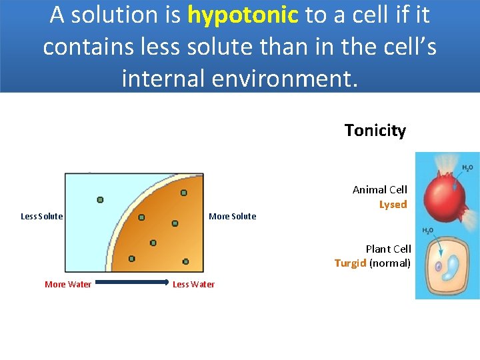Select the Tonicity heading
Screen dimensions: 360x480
click(375, 130)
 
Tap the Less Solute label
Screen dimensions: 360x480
click(41, 216)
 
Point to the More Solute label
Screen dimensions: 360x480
click(232, 216)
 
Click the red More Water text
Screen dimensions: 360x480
click(68, 284)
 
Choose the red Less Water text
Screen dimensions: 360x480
click(193, 284)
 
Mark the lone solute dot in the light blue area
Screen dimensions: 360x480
click(100, 199)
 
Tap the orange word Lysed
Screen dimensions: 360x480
click(393, 205)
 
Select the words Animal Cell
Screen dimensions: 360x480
click(379, 190)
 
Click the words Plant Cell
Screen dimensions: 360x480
click(388, 249)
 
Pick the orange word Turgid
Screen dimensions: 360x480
click(350, 263)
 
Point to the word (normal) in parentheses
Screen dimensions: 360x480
click(390, 263)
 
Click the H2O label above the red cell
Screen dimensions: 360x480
click(467, 168)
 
